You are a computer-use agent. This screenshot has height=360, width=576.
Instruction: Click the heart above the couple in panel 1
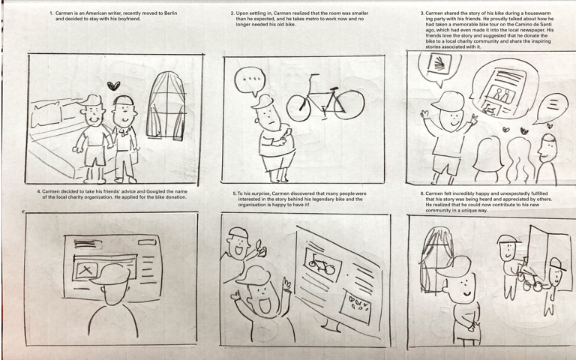point(114,86)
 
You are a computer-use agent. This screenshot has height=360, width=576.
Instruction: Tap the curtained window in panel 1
point(166,106)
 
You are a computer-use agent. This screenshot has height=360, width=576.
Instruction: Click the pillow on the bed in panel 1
point(46,114)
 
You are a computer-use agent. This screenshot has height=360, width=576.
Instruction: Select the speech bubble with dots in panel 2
point(250,81)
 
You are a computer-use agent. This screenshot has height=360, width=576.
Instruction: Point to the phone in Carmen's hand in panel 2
point(289,132)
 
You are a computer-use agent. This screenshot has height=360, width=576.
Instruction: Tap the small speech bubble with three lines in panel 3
point(552,108)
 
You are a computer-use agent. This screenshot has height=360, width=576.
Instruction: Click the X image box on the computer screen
point(85,271)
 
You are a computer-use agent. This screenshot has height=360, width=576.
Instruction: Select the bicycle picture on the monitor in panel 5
point(322,265)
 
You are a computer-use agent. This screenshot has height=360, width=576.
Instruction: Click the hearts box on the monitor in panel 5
point(355,307)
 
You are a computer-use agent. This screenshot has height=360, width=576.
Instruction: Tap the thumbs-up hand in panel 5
point(261,248)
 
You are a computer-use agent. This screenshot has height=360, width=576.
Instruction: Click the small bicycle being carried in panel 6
point(528,278)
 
